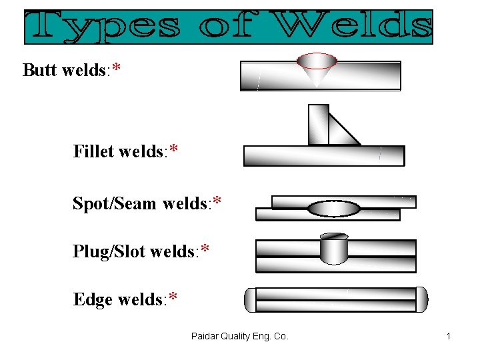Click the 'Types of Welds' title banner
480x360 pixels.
pos(229,27)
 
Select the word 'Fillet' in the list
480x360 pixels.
pos(94,151)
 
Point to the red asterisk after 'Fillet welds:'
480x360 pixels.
pos(173,151)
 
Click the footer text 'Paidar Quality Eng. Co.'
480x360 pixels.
pos(239,337)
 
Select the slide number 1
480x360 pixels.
pos(449,337)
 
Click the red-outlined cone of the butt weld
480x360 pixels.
pos(317,67)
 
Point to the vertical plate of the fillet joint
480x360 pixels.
pos(318,124)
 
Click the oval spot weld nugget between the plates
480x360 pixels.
pos(334,208)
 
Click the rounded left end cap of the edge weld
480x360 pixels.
pos(249,299)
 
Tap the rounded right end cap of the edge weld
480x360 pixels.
pos(421,299)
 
